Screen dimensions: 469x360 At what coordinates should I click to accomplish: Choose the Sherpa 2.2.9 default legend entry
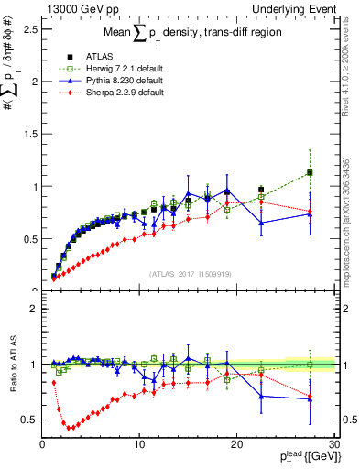coord(115,93)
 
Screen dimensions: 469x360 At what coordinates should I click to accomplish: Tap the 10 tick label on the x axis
coord(139,444)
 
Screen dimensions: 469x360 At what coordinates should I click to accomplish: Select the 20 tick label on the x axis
coord(236,444)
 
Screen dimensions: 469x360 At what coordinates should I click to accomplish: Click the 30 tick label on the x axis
coord(333,444)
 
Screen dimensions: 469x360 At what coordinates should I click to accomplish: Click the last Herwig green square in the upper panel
coord(310,172)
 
